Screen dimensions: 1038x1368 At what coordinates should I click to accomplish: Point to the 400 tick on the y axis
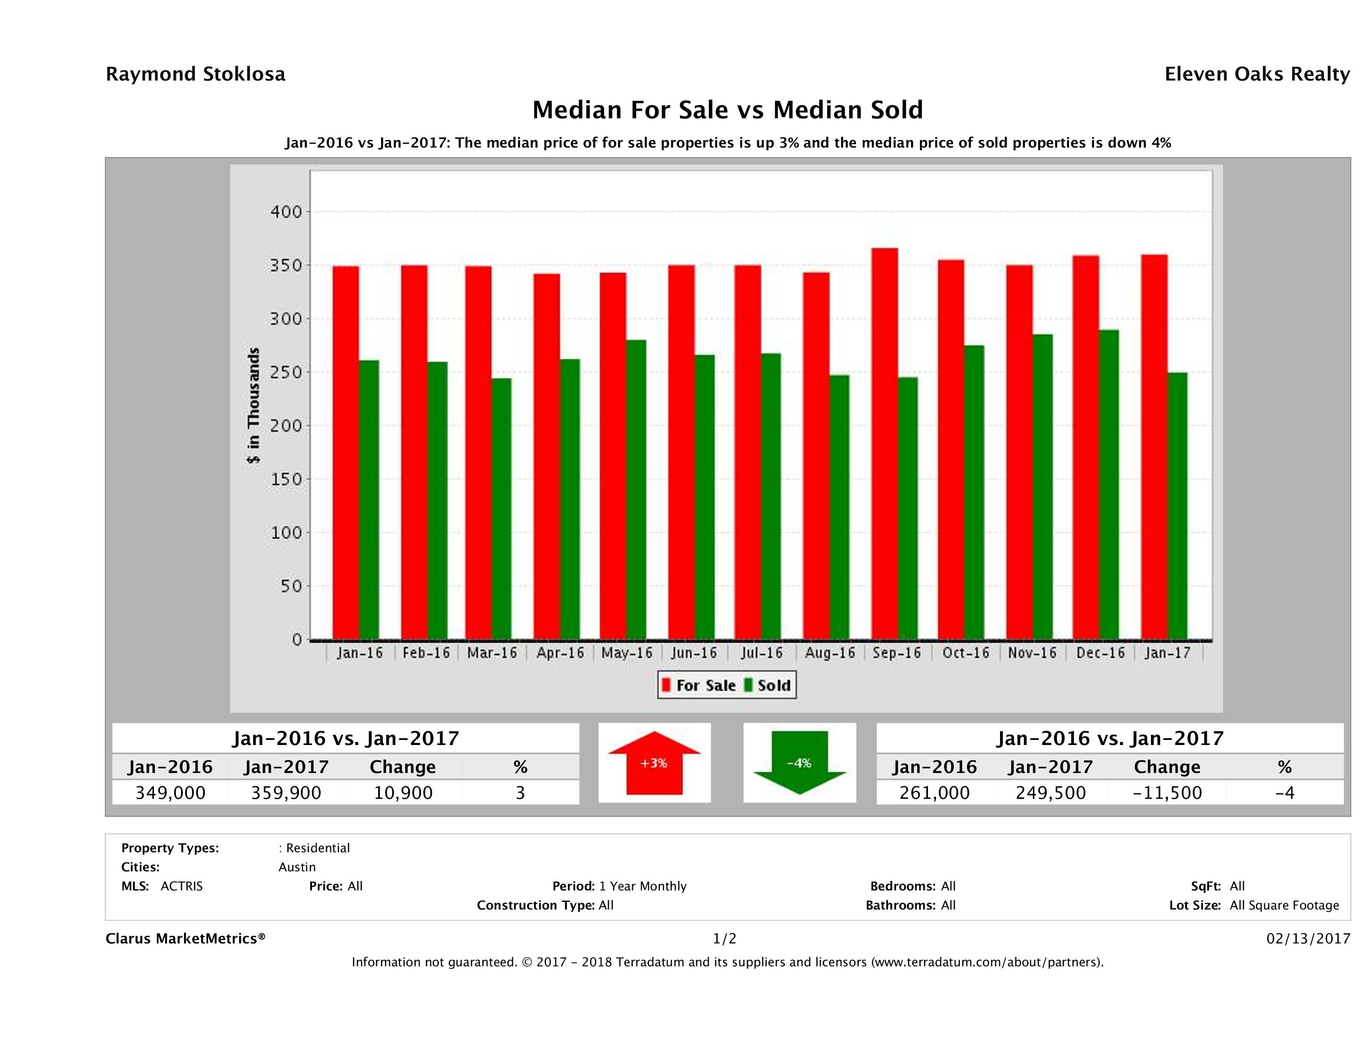pos(286,212)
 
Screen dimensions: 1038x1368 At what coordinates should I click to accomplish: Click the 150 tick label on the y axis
pos(286,480)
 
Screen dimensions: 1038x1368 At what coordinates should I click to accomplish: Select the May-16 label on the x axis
pos(627,653)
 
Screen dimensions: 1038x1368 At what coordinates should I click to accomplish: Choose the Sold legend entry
pos(767,685)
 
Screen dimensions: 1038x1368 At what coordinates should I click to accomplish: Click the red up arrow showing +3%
pos(654,763)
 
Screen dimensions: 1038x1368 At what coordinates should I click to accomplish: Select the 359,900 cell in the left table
pos(286,793)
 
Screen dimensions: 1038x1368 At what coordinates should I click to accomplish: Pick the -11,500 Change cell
pos(1167,793)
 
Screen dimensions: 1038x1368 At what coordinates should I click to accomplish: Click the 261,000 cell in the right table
pos(934,793)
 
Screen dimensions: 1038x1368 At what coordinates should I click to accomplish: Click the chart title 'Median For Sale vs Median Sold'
pos(727,110)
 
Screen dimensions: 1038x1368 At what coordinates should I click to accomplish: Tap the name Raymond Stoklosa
pos(195,74)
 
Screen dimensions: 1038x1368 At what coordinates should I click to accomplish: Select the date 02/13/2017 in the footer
pos(1308,939)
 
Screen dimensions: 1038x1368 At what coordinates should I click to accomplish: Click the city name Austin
pos(297,867)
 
